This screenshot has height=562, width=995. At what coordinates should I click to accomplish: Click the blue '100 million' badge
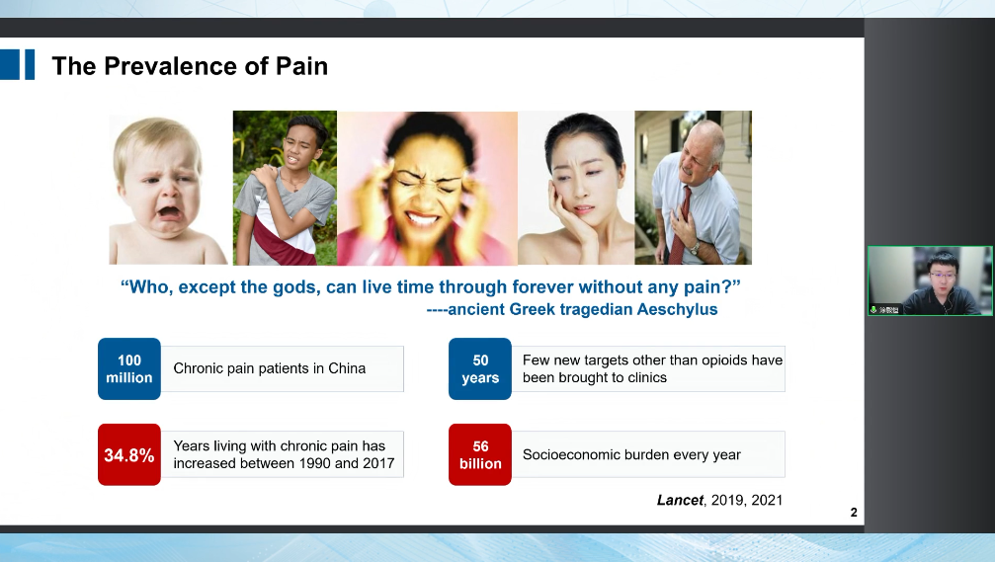pos(129,368)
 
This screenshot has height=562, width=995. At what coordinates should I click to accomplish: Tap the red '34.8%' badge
pos(129,454)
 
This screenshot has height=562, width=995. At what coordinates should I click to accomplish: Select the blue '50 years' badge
pos(480,368)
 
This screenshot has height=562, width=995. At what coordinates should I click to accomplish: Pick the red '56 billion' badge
pos(480,454)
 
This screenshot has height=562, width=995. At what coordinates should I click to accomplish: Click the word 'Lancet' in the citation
pos(680,500)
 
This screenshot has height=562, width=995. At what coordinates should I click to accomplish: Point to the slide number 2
pos(854,512)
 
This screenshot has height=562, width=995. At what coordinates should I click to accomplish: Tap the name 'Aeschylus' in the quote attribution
pos(677,309)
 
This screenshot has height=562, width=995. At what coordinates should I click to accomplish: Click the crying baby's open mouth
pos(169,210)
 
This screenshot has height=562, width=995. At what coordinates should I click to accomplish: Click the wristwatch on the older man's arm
pos(695,248)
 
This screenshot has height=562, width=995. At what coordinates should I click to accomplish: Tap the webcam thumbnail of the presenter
pos(930,281)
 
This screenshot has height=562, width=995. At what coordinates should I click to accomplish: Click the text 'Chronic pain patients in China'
pos(269,368)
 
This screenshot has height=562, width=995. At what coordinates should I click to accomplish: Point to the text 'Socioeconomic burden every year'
pos(631,454)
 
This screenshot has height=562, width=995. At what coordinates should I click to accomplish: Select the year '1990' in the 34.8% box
pos(315,463)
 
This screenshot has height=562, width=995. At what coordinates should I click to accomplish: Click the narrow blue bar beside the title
pos(30,65)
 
